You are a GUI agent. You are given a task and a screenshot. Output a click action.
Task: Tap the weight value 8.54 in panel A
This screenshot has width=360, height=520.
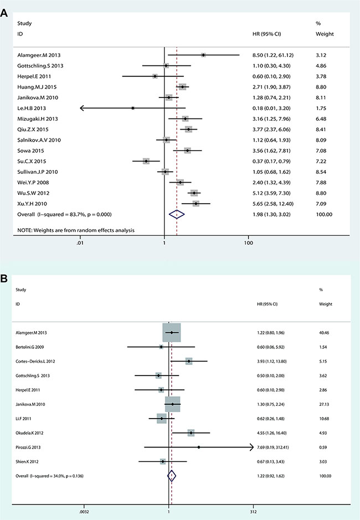[x=321, y=172]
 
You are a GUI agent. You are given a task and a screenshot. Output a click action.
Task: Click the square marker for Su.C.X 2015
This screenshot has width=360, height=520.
[x=146, y=161]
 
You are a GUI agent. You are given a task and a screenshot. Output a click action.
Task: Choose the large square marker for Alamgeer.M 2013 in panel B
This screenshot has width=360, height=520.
[x=172, y=333]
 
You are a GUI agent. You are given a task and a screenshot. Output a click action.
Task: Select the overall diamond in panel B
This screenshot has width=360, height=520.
[x=172, y=475]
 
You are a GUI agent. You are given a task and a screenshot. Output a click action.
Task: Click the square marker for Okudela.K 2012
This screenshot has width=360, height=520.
[x=191, y=432]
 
